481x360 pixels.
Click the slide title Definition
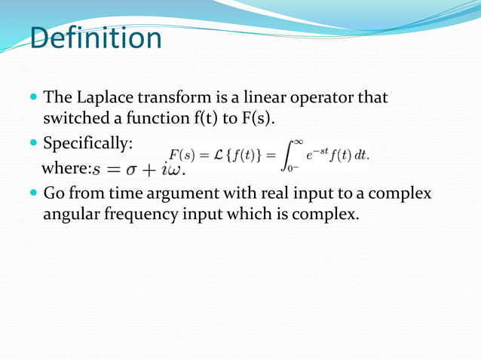coord(96,38)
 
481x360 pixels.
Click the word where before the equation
coord(66,166)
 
